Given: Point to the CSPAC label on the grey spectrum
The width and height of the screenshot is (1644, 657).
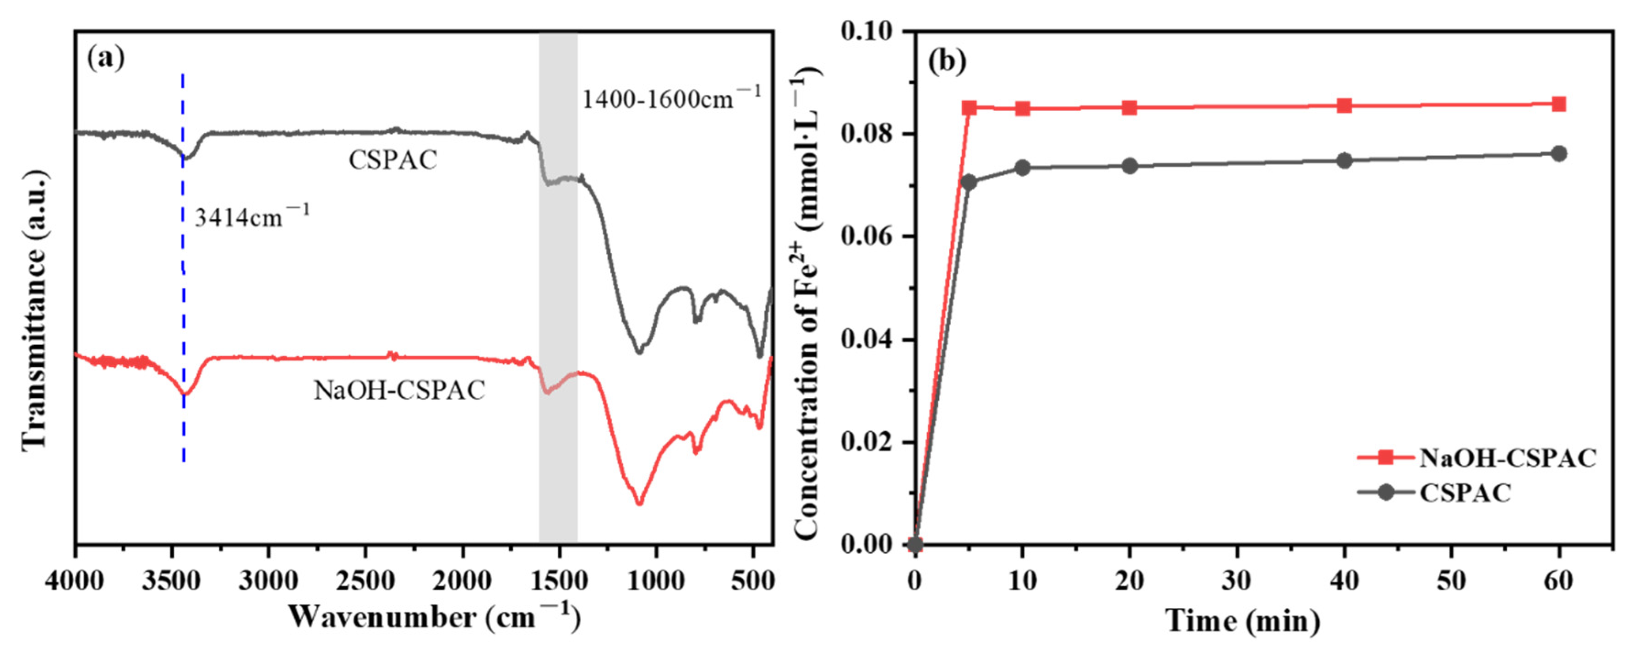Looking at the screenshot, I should [392, 159].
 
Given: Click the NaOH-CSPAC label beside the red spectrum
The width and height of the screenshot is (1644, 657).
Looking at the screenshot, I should [399, 390].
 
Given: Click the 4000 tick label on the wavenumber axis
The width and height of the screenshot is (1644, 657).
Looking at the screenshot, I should [74, 581].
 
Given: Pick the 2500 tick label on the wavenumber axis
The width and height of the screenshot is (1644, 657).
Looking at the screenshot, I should [366, 581].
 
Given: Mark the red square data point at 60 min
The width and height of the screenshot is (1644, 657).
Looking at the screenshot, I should [1558, 104].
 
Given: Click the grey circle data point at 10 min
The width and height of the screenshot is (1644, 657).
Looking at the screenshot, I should [1023, 168].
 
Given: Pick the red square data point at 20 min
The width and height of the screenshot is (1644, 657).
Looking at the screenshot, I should [1130, 107].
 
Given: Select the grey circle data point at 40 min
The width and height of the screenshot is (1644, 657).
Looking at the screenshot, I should [1344, 161].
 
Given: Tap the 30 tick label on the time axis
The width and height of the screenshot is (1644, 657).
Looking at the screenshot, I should [1237, 581].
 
